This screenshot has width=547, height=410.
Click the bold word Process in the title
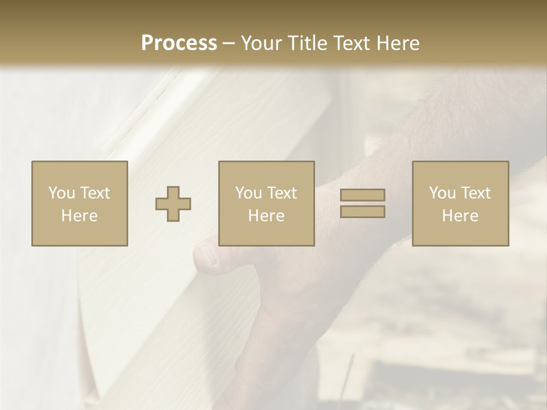(x=179, y=43)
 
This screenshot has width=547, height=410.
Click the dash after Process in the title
(x=228, y=44)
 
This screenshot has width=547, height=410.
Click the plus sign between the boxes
(x=173, y=204)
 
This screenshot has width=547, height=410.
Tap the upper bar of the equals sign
(x=362, y=195)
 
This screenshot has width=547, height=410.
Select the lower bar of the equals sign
(x=362, y=212)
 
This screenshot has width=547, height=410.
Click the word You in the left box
(x=61, y=193)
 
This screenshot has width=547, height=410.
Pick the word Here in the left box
(x=79, y=216)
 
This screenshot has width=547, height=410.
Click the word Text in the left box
(x=94, y=193)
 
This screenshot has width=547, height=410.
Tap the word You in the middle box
(x=248, y=193)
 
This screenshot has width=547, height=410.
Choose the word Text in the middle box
(x=281, y=193)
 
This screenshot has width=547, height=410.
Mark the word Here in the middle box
(x=266, y=216)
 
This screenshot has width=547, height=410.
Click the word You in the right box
(x=442, y=193)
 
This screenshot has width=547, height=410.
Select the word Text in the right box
(x=475, y=193)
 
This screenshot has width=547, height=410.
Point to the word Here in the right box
(x=460, y=216)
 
